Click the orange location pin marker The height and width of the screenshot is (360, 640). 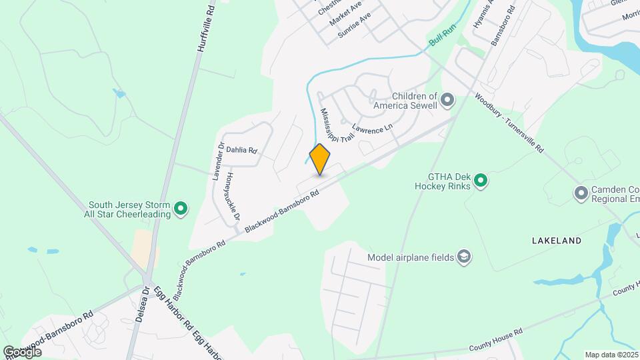pyautogui.click(x=320, y=159)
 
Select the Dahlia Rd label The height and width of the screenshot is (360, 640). pyautogui.click(x=241, y=151)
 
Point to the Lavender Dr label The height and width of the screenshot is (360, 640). pyautogui.click(x=217, y=161)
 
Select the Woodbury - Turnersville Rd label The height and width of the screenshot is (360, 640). pyautogui.click(x=509, y=123)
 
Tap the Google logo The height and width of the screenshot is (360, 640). pyautogui.click(x=22, y=351)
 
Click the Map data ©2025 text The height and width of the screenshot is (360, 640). pyautogui.click(x=611, y=355)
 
